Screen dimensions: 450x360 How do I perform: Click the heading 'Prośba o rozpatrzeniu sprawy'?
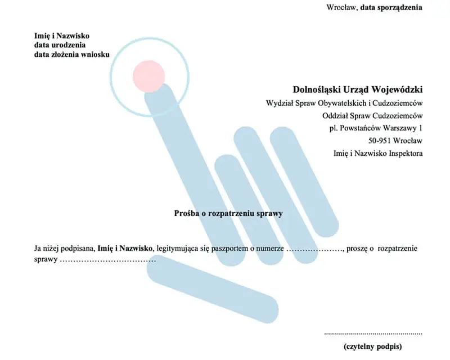coord(228,214)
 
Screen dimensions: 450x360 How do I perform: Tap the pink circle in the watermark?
coord(148,76)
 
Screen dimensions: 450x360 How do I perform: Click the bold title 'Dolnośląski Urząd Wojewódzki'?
coord(358,89)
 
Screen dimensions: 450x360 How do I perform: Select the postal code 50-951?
coord(380,141)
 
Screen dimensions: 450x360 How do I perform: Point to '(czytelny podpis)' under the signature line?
coord(373,346)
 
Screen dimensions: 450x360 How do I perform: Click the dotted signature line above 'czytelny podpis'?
coord(373,334)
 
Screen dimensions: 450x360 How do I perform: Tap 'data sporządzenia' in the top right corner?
coord(391,7)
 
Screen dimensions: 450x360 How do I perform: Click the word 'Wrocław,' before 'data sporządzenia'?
coord(342,7)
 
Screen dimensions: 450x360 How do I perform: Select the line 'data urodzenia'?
coord(60,45)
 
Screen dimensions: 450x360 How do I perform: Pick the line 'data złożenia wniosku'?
coord(72,54)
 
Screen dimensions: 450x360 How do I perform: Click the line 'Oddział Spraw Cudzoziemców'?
coord(372,116)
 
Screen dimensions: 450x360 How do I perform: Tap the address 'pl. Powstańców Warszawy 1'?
coord(376,128)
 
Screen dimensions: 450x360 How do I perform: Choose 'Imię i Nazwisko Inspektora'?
coord(378,154)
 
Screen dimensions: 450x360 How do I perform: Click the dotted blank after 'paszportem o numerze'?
coord(315,250)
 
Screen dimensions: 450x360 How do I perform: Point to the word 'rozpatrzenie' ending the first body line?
coord(398,249)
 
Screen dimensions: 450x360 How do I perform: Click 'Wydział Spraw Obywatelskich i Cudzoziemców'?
coord(344,103)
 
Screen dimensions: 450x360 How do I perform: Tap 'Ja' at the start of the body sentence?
coord(37,248)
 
